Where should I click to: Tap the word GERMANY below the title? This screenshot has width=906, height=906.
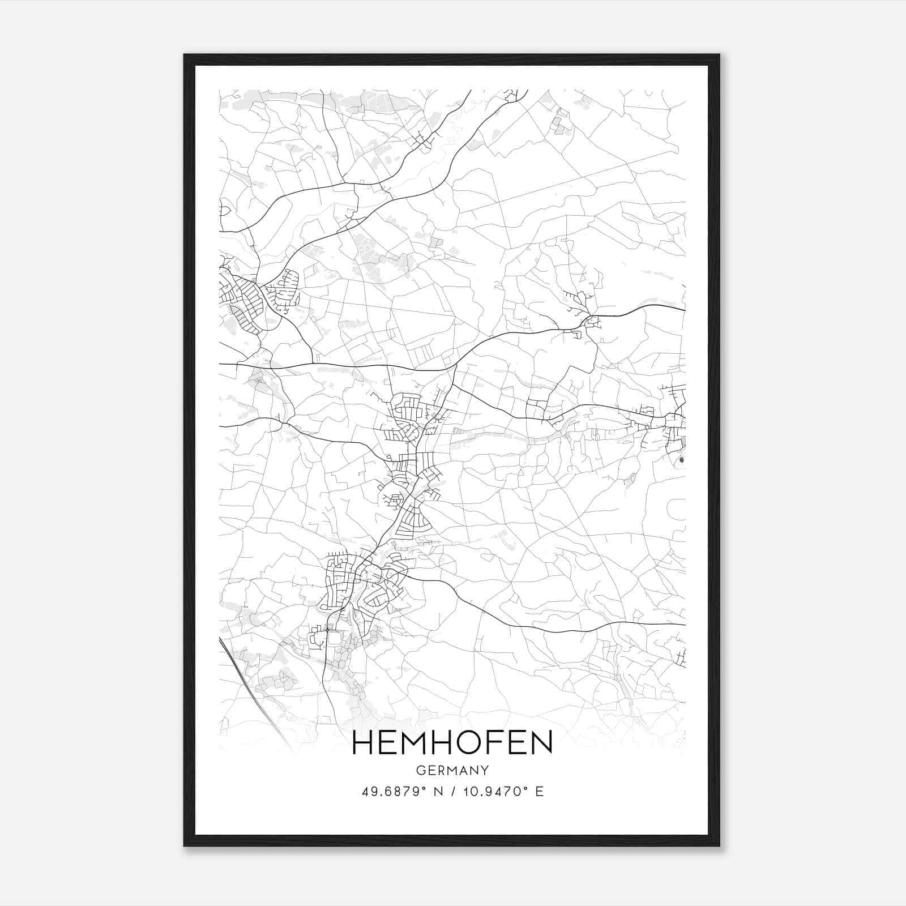(x=452, y=771)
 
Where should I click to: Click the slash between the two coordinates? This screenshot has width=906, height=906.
(x=452, y=792)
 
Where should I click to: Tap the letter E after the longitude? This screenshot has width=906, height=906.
(x=539, y=792)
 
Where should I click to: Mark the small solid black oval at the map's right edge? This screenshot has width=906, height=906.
(x=681, y=460)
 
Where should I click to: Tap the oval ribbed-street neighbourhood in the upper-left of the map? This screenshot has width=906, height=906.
(x=287, y=288)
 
